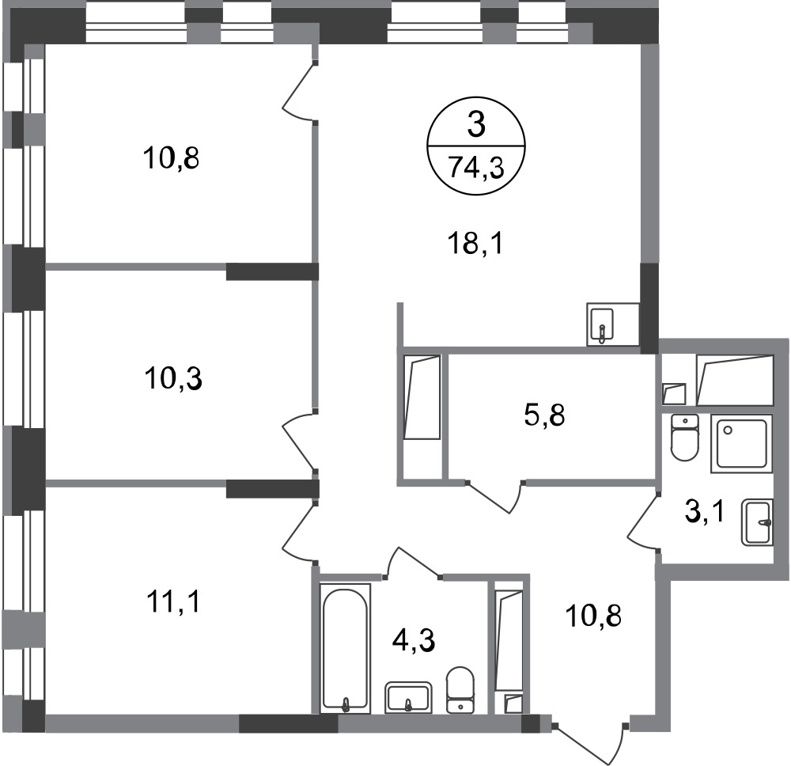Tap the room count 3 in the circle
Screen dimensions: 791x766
[x=476, y=125]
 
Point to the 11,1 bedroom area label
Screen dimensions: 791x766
[x=173, y=601]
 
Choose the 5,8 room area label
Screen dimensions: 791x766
[x=545, y=416]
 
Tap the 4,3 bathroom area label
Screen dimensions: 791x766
[x=414, y=641]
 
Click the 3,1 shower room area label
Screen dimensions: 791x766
[x=704, y=512]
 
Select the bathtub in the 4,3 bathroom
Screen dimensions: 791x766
[x=346, y=648]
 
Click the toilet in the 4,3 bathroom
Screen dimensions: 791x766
[x=460, y=690]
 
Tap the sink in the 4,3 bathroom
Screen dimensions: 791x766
[x=408, y=697]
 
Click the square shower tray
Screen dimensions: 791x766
[x=742, y=444]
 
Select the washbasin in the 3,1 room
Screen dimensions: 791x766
[x=757, y=522]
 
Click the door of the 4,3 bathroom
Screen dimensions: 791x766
[x=413, y=562]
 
